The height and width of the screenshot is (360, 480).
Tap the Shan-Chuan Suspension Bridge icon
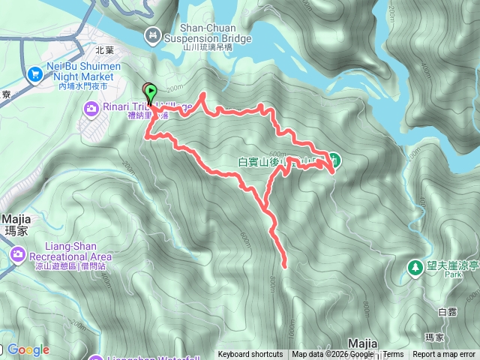click(x=154, y=34)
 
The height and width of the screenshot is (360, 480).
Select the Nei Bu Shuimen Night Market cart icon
click(x=34, y=74)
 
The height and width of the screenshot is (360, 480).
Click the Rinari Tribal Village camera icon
click(x=91, y=109)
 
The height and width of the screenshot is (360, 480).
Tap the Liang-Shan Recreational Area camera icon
click(x=17, y=256)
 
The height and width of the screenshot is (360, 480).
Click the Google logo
click(x=28, y=350)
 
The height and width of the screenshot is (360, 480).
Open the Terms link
click(x=393, y=355)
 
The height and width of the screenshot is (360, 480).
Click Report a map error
click(x=444, y=355)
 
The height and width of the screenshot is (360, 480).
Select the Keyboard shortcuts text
click(x=250, y=355)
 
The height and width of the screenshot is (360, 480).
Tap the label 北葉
click(x=105, y=50)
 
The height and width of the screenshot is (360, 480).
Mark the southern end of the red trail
click(x=286, y=265)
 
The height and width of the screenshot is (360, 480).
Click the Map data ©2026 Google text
click(x=332, y=355)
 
